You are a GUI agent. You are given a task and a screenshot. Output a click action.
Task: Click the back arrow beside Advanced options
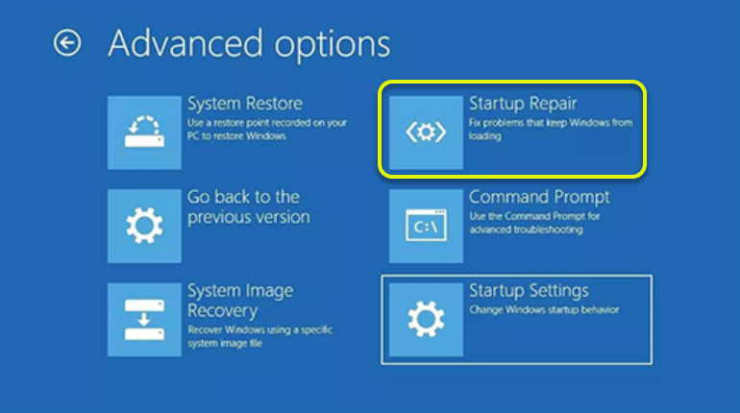tap(67, 43)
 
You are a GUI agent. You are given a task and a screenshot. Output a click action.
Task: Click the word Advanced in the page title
tap(185, 43)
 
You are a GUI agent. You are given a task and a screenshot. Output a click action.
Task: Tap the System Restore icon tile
tap(144, 133)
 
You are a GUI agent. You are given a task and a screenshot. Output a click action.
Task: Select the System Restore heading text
tap(245, 104)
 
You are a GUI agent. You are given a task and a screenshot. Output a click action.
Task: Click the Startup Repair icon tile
tap(426, 133)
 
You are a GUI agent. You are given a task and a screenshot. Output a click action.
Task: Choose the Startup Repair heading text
tap(523, 104)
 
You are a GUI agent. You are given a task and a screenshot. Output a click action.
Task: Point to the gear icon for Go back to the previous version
tap(144, 226)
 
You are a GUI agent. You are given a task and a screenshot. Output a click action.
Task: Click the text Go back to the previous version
tap(249, 206)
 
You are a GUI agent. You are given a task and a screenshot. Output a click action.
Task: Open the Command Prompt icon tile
tap(426, 226)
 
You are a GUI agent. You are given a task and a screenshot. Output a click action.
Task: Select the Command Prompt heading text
tap(539, 197)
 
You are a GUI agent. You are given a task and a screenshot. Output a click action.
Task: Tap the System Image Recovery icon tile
tap(144, 320)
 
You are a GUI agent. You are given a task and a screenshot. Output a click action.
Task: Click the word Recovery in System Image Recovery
tap(222, 311)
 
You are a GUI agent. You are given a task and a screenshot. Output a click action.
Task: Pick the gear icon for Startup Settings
tap(426, 320)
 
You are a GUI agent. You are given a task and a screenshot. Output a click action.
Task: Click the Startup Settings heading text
tap(529, 291)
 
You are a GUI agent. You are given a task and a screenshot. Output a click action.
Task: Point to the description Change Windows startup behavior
tap(544, 309)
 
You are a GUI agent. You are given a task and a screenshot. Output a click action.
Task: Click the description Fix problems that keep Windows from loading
tap(551, 129)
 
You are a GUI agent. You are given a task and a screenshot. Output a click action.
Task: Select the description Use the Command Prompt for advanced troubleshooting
tap(534, 223)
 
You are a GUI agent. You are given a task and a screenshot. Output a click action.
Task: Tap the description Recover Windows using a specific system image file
tap(260, 336)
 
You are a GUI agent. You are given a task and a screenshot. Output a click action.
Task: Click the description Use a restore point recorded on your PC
tap(266, 129)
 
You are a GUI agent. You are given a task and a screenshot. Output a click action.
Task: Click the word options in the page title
tap(333, 46)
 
